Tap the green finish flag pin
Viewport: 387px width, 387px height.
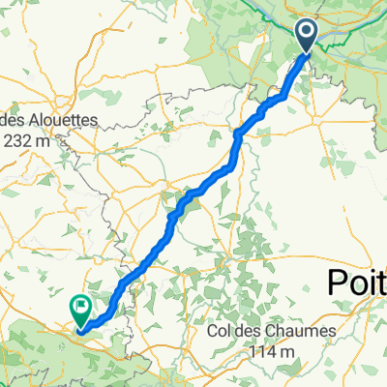click(79, 309)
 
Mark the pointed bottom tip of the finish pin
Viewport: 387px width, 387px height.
click(79, 325)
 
